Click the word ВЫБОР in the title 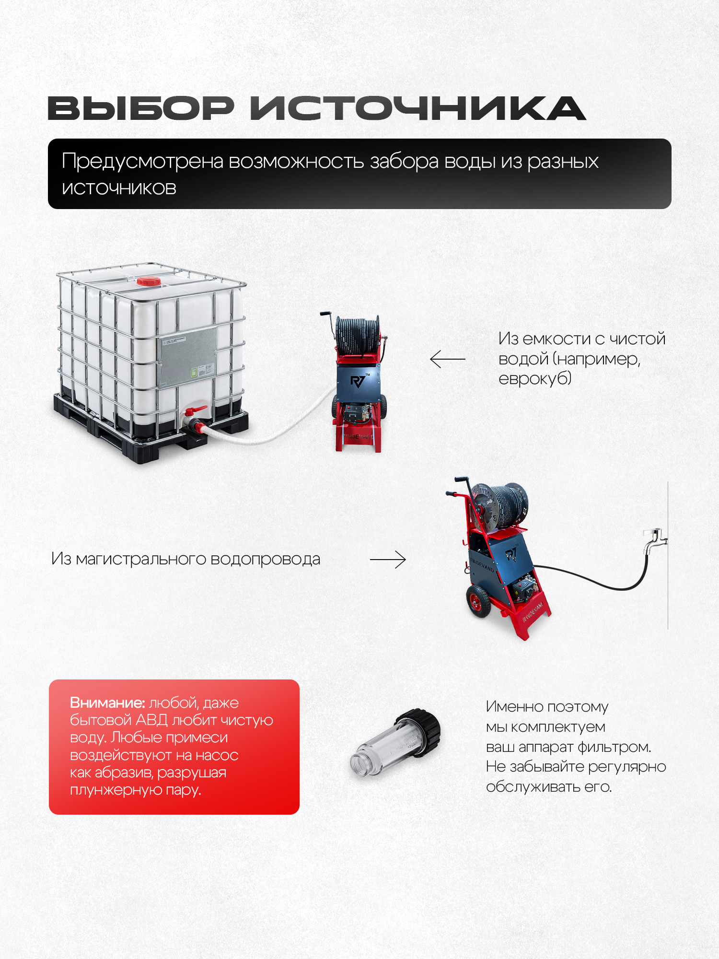141,108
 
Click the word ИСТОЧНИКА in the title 418,108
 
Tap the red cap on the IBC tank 149,281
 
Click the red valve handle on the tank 196,411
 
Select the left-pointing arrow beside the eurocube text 448,359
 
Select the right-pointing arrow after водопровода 388,559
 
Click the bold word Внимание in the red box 107,702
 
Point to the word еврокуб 535,379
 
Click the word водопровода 265,560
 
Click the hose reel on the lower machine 499,506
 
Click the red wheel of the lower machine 478,601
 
